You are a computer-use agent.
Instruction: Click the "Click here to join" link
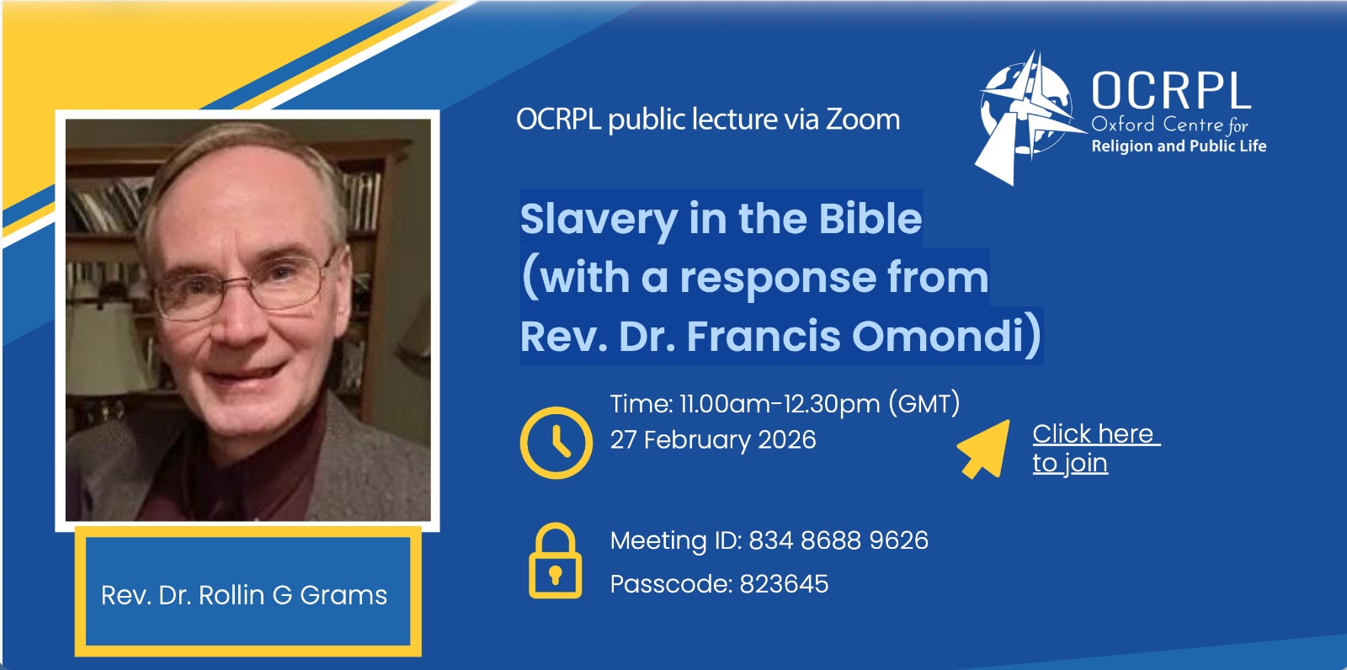coord(1095,448)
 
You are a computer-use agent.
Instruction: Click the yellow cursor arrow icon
coord(985,449)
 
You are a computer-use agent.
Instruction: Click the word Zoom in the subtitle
coord(862,119)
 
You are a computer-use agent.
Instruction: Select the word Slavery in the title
coord(599,221)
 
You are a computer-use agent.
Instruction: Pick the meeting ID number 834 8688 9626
coord(839,540)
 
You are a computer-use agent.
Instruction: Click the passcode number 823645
coord(784,583)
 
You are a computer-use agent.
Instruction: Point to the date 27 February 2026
coord(713,439)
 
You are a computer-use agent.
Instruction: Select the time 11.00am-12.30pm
coord(780,403)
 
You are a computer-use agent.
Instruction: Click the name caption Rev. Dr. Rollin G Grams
coord(244,595)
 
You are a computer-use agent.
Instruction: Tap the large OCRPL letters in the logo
coord(1171,91)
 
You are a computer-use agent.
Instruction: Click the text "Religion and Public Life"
coord(1179,146)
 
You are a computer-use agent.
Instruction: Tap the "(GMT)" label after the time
coord(924,403)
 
